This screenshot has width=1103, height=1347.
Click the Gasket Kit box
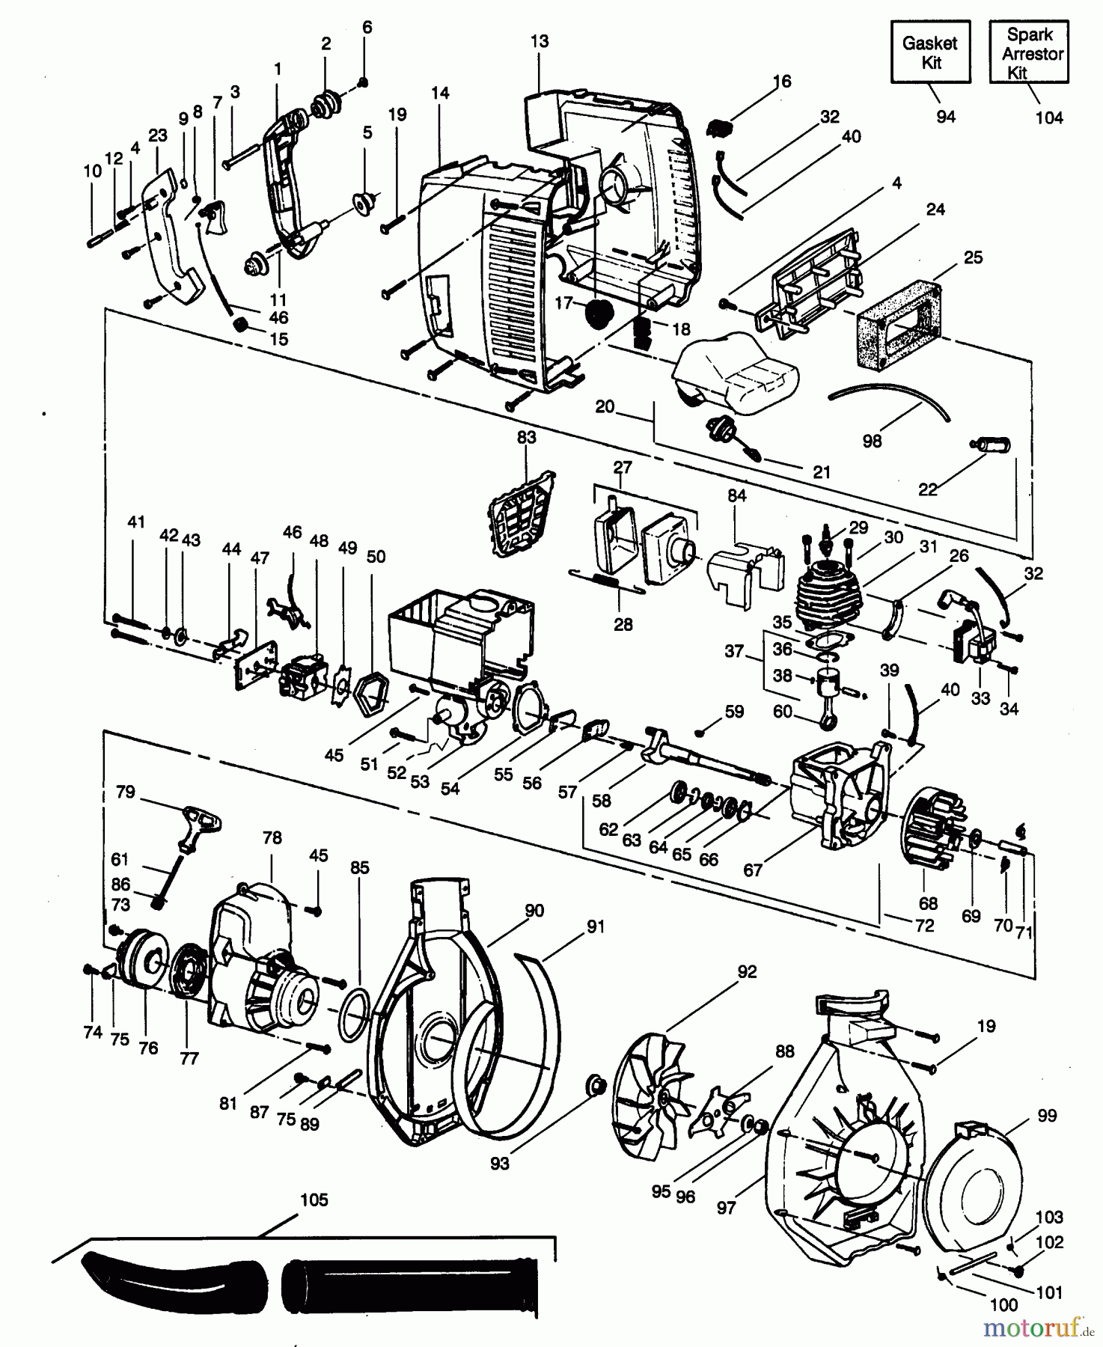930,52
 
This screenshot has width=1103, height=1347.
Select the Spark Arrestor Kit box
1030,52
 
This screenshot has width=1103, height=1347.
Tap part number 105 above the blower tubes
314,1200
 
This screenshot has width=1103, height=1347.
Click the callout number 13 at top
539,41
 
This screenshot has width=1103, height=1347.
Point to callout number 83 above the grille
526,437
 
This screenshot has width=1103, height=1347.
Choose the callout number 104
1048,117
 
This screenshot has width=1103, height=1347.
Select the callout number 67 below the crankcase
752,870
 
